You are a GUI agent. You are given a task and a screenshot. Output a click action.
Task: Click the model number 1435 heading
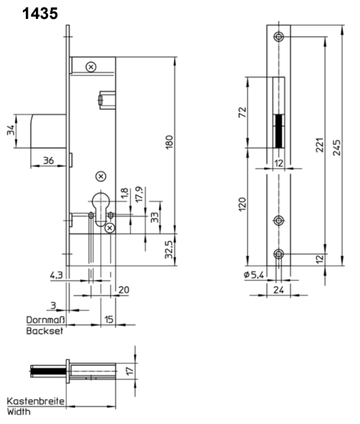pos(40,14)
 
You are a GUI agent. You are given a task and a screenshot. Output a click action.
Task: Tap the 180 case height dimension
pos(169,142)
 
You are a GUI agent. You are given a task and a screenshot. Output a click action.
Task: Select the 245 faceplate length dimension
pos(337,147)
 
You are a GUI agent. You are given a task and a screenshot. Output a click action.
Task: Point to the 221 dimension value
pos(319,145)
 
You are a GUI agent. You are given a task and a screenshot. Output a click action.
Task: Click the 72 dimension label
pos(242,112)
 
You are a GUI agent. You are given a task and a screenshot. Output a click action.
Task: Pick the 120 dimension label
pos(242,204)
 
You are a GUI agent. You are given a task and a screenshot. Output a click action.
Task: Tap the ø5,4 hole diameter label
pos(254,275)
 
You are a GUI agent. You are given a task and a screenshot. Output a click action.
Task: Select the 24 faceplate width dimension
pos(279,290)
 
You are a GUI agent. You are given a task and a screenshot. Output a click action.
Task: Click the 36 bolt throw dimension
pos(49,161)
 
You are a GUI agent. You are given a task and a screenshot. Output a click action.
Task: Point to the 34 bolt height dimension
pos(11,131)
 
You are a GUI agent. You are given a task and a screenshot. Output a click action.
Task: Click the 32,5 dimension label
pos(169,250)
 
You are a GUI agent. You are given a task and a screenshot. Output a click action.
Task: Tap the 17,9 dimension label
pos(139,194)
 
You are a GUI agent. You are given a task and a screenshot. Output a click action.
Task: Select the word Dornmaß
pos(45,320)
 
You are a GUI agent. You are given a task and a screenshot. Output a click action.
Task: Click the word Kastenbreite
pos(36,401)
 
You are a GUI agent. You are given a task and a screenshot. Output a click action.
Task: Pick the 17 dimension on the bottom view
pos(130,371)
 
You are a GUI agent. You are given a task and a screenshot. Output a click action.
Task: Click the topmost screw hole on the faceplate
pos(279,37)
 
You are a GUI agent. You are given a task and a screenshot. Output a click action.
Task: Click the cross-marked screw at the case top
pos(91,67)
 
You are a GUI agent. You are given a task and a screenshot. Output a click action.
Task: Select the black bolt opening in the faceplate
pos(279,131)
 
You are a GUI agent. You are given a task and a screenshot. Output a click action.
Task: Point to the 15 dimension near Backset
pos(108,319)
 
